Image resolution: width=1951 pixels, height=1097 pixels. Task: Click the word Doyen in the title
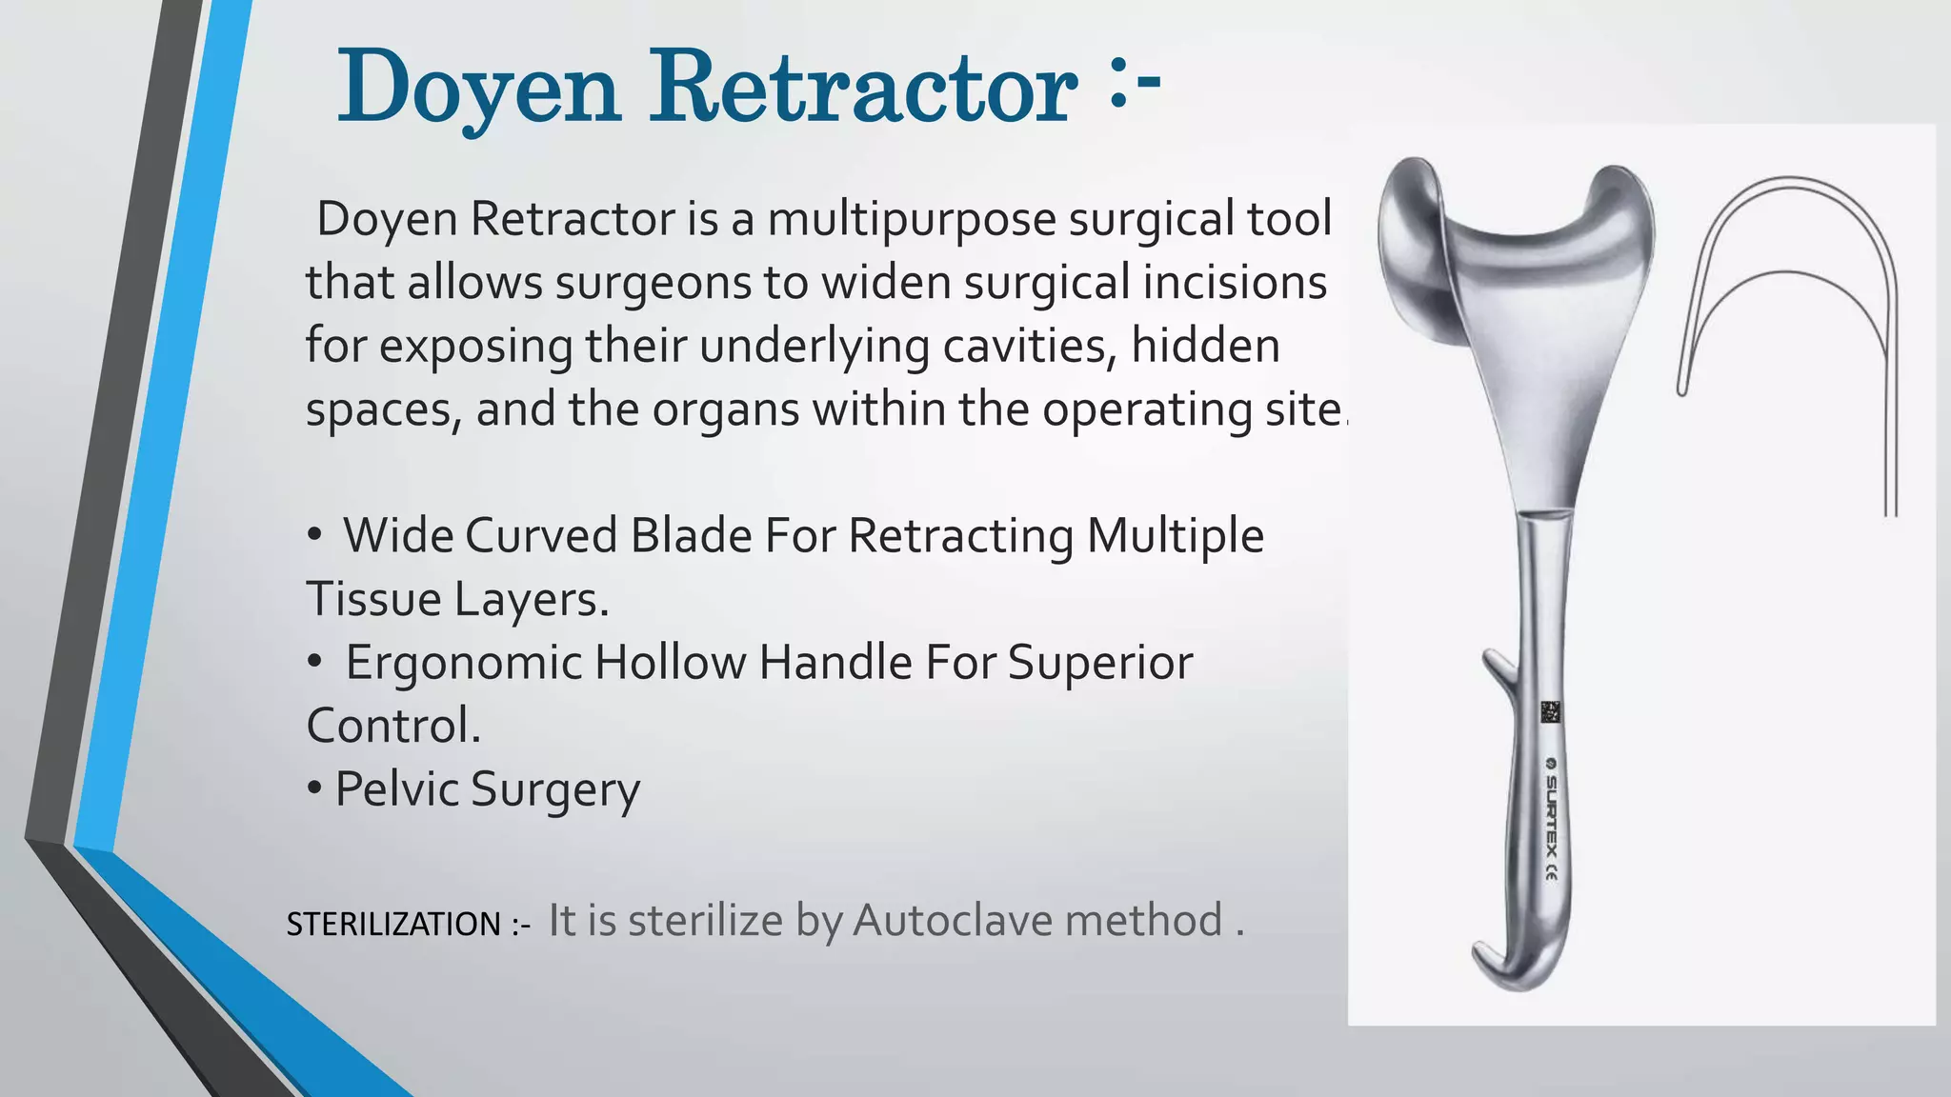479,88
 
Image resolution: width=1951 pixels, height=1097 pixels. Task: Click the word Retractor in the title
863,88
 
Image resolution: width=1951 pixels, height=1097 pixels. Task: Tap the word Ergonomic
463,663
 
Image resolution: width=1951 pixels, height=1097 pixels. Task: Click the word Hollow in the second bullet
670,663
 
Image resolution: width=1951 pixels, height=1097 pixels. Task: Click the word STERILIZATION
393,924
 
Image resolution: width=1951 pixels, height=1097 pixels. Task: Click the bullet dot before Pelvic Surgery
314,789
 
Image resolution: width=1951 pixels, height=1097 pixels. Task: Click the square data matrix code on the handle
1551,712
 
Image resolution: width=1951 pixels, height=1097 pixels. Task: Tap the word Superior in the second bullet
1099,663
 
